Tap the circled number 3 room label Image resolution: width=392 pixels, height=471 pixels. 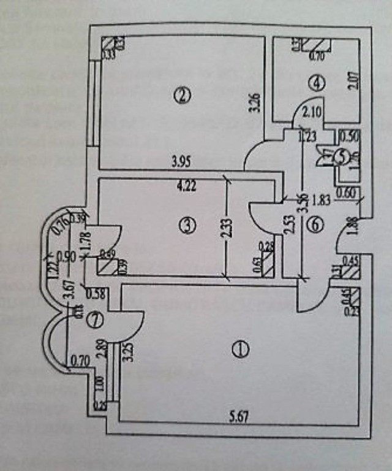pos(189,226)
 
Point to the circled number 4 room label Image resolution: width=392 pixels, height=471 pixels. pos(315,83)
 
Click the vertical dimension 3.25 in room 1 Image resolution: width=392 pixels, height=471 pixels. pos(128,354)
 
